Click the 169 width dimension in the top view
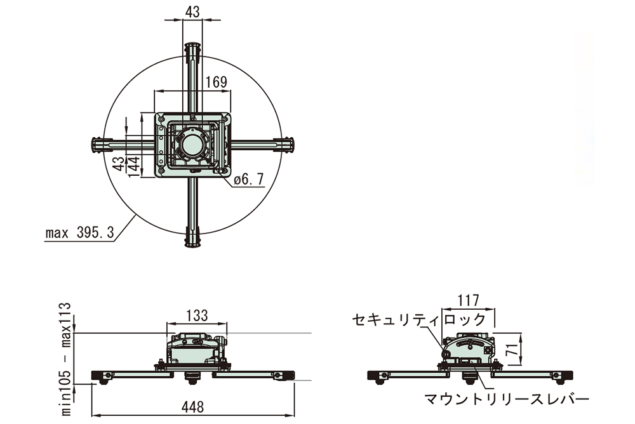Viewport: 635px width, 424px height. click(x=217, y=82)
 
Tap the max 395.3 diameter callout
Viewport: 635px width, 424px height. click(x=80, y=233)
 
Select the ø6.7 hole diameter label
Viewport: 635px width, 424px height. click(x=249, y=178)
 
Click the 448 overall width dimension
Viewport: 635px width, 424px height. click(x=193, y=407)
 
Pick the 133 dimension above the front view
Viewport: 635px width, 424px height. click(x=197, y=315)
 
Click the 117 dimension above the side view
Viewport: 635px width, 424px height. click(x=468, y=300)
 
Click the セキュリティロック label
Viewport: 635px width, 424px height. click(x=418, y=319)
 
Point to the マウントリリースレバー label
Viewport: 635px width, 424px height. click(x=507, y=399)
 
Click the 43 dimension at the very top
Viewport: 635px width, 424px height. click(x=193, y=12)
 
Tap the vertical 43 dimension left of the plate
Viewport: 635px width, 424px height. click(x=119, y=164)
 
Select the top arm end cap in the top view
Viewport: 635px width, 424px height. click(x=193, y=50)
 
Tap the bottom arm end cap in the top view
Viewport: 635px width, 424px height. click(x=193, y=239)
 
